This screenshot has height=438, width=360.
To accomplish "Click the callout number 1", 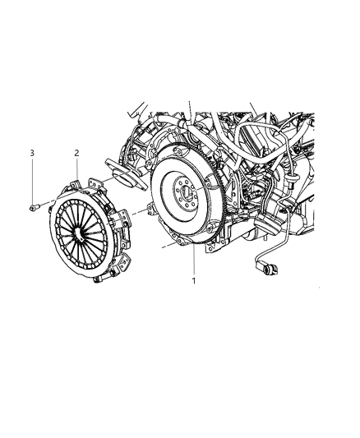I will click(194, 280).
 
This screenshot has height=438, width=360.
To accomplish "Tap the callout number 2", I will click(76, 153).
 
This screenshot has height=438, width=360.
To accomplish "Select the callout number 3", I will click(32, 153).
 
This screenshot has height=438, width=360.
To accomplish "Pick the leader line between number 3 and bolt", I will click(32, 181).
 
